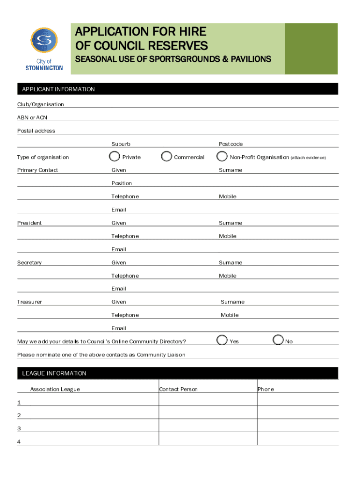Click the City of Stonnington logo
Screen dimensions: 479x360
pyautogui.click(x=43, y=49)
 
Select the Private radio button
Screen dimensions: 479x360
pyautogui.click(x=114, y=156)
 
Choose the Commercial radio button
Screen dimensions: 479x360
pyautogui.click(x=166, y=156)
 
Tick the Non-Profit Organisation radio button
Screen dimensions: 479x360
pyautogui.click(x=223, y=156)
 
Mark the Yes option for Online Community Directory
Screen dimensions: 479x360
pyautogui.click(x=223, y=341)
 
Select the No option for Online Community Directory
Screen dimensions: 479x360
pyautogui.click(x=278, y=341)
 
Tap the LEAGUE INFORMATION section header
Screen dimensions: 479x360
pyautogui.click(x=54, y=373)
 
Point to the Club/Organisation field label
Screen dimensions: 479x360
pyautogui.click(x=41, y=104)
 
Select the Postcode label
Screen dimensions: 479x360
pyautogui.click(x=231, y=144)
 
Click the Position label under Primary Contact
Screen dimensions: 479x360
pyautogui.click(x=122, y=183)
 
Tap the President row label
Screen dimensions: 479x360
pyautogui.click(x=29, y=223)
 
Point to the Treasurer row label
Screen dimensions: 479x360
pyautogui.click(x=29, y=302)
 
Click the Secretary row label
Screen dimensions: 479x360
pyautogui.click(x=29, y=263)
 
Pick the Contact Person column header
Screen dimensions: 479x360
pyautogui.click(x=179, y=389)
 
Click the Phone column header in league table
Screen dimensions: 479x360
pyautogui.click(x=266, y=389)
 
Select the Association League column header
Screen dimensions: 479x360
pyautogui.click(x=55, y=389)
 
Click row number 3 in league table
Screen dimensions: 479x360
pyautogui.click(x=19, y=428)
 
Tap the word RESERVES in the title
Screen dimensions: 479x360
pyautogui.click(x=180, y=45)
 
